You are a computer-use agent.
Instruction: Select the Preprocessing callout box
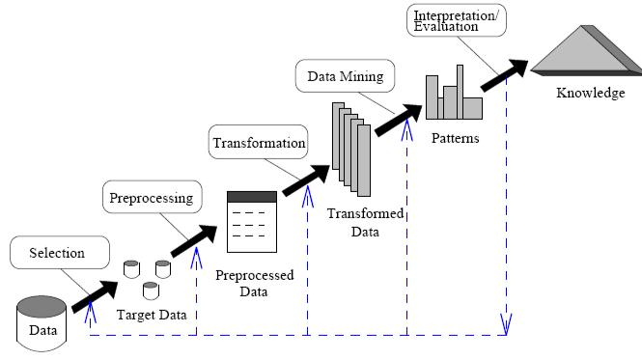[153, 199]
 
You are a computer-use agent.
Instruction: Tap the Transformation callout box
[258, 144]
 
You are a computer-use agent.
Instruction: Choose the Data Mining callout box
[345, 75]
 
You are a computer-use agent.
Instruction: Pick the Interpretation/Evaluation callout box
[445, 21]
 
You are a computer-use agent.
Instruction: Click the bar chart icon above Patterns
[454, 96]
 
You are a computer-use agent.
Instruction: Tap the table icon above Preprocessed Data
[251, 221]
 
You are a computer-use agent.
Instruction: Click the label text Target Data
[152, 315]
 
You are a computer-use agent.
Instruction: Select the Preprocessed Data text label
[254, 283]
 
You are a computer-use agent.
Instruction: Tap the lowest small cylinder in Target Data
[150, 290]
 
